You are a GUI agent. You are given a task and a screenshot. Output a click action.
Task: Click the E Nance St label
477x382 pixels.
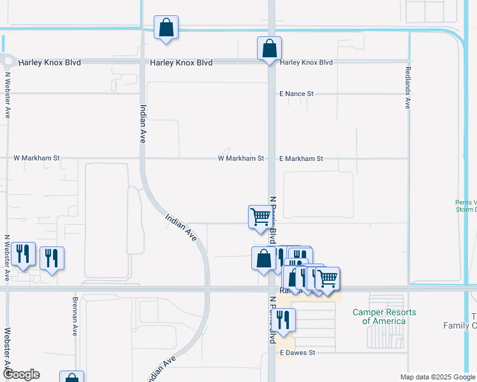(297, 94)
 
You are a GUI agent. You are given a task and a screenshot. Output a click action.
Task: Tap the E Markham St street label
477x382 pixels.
(301, 159)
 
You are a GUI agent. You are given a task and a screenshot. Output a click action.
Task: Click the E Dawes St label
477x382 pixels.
(297, 352)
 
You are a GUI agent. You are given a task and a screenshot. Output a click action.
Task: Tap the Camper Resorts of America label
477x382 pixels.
(385, 316)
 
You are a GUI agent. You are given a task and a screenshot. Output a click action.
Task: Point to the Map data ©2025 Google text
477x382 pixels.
(437, 377)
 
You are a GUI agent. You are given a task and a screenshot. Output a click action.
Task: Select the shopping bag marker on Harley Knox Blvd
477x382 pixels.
(269, 48)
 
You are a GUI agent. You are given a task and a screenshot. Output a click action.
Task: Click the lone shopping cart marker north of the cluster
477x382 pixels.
(260, 216)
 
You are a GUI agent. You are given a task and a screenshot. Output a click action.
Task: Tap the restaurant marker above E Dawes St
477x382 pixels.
(283, 320)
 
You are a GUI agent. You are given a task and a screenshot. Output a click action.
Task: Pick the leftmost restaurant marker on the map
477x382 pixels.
(23, 254)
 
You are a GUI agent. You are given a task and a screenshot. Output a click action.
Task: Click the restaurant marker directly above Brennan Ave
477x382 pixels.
(52, 258)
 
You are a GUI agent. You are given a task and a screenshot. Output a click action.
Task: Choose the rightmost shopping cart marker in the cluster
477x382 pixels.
(327, 278)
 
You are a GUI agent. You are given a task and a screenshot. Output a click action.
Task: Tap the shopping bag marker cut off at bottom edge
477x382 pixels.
(72, 378)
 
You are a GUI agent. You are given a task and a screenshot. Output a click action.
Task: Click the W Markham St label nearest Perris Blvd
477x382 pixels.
(240, 159)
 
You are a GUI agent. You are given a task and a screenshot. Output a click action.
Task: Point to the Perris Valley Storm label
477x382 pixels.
(466, 206)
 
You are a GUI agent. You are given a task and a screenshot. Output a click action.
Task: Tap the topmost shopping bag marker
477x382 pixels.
(166, 27)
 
